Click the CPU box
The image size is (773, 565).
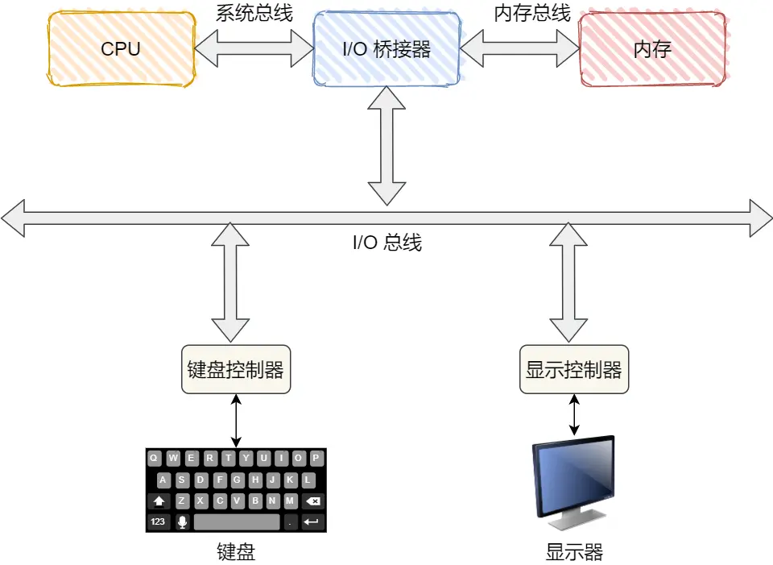coord(121,49)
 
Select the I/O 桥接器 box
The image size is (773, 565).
coord(387,49)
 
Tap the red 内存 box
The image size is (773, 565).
coord(652,49)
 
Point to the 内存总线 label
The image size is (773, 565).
coord(532,13)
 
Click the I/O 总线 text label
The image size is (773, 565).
coord(387,243)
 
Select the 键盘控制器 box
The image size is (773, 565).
coord(235,370)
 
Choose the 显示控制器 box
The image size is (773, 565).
coord(573,370)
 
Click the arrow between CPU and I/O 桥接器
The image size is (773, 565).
coord(254,49)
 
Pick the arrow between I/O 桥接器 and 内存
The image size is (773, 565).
coord(520,49)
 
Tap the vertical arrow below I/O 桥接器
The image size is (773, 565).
coord(387,145)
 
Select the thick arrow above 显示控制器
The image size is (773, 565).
coord(573,282)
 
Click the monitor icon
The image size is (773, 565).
coord(573,478)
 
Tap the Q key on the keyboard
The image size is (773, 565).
coord(153,459)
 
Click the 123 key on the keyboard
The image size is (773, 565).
coord(158,522)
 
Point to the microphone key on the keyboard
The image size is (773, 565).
coord(182,522)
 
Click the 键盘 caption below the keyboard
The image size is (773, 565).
coord(236,552)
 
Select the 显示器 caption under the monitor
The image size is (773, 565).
coord(573,552)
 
